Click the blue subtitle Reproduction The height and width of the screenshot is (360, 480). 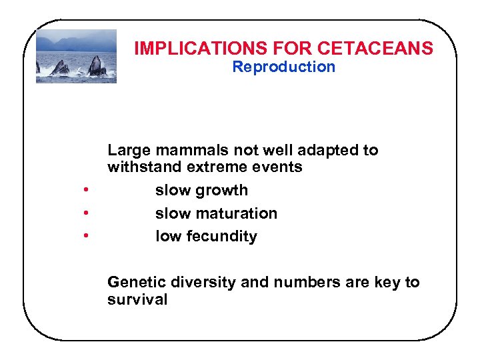(283, 67)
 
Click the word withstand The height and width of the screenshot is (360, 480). (139, 167)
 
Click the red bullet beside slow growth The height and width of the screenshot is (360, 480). (86, 191)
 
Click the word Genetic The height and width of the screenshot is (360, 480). (134, 282)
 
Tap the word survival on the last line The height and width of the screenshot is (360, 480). (137, 299)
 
